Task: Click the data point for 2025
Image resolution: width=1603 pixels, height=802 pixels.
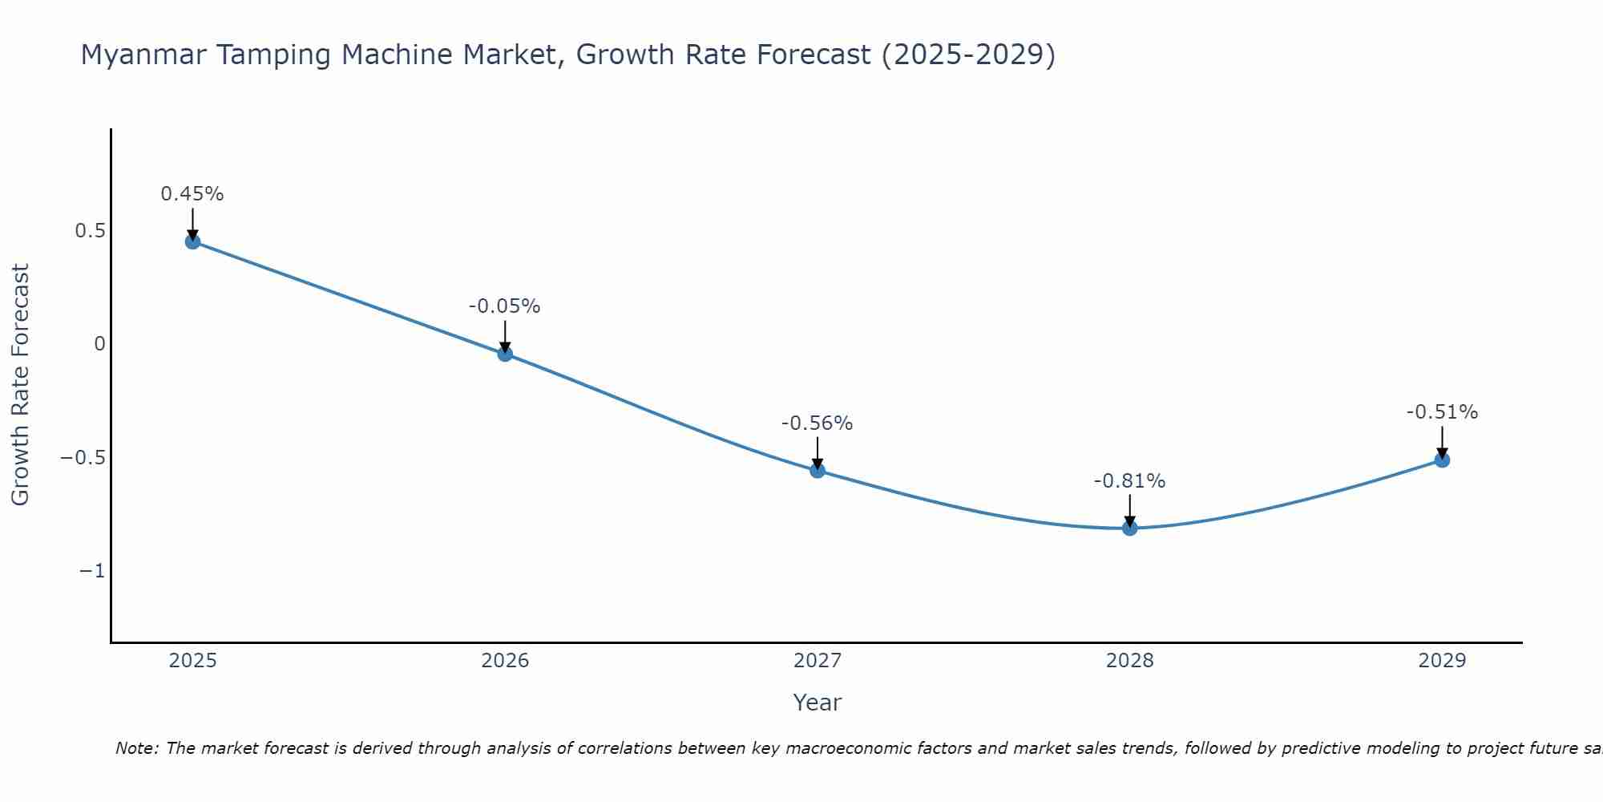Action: pos(192,241)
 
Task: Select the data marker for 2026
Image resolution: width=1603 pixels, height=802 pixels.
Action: pos(505,354)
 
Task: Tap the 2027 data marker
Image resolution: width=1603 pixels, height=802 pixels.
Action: pos(818,470)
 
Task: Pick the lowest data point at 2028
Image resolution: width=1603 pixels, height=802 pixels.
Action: pos(1130,528)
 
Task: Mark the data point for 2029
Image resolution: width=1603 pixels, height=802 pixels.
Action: pos(1442,460)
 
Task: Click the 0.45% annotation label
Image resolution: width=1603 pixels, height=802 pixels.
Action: pos(192,194)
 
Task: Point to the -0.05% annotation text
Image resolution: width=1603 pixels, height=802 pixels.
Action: pos(505,306)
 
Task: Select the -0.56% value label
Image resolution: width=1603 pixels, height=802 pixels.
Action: pos(818,423)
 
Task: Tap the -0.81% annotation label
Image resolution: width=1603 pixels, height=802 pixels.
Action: pos(1130,481)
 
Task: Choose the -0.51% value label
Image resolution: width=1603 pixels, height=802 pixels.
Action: pos(1442,412)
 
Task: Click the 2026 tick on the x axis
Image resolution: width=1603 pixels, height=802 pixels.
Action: pos(505,661)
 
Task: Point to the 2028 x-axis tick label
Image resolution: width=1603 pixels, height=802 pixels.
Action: pos(1130,661)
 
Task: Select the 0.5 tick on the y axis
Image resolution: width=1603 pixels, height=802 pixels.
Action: pos(90,231)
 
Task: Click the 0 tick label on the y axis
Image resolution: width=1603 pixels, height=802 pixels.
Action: pos(99,344)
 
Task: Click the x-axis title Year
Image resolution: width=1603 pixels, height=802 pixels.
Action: pos(817,703)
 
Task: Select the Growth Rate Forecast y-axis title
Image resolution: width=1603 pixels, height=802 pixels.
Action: pos(20,385)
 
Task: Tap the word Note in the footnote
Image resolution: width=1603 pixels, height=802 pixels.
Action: pos(135,748)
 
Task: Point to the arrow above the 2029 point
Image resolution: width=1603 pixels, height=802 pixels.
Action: pos(1442,441)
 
